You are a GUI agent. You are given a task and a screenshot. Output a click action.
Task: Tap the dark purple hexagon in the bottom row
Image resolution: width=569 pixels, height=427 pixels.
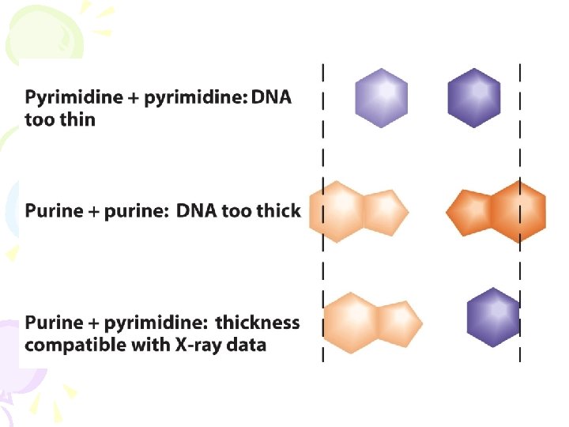pos(493,317)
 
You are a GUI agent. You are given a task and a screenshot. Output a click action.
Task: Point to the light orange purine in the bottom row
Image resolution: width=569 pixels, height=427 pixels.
pos(371,322)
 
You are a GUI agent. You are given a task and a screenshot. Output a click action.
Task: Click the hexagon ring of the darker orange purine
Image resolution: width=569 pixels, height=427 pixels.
pos(517,211)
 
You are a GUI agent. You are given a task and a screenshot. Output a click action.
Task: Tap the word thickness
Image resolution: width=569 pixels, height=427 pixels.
pos(258,323)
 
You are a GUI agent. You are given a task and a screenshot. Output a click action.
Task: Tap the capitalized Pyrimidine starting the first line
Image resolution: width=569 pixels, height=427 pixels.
pos(73,98)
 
